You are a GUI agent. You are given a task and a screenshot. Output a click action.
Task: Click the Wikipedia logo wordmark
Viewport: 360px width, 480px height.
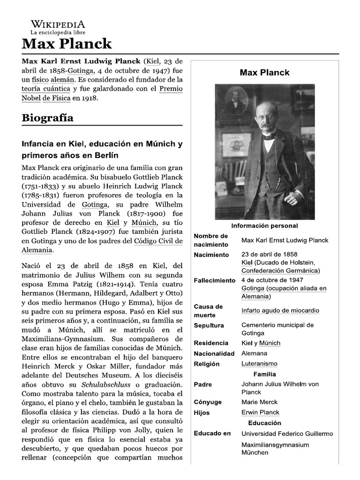click(58, 24)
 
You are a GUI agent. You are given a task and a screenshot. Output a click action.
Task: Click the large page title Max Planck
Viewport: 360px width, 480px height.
click(67, 44)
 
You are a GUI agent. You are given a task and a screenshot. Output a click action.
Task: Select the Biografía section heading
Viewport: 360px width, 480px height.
click(47, 118)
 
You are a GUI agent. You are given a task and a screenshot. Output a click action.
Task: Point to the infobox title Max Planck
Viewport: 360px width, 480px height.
click(264, 72)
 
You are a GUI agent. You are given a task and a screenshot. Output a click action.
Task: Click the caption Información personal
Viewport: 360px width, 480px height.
click(264, 226)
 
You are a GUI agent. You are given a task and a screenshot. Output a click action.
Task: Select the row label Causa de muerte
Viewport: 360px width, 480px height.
click(208, 310)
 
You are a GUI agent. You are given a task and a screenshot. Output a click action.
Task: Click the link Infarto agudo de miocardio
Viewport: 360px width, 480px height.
click(280, 310)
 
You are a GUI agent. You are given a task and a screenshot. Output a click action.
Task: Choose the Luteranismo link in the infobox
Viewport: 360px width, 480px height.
click(259, 364)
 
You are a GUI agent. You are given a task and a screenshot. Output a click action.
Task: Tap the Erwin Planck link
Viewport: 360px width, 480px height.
click(260, 412)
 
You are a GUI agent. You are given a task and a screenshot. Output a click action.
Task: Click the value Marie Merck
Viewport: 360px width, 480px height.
click(259, 402)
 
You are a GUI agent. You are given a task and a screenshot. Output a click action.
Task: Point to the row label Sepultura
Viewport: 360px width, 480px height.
click(209, 325)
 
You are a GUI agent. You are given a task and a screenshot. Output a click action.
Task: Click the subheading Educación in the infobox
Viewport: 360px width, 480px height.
click(264, 423)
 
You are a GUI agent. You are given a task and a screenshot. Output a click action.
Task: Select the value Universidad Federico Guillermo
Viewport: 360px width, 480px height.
click(287, 434)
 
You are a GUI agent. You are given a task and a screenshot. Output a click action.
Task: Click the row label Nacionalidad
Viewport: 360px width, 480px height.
click(214, 353)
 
